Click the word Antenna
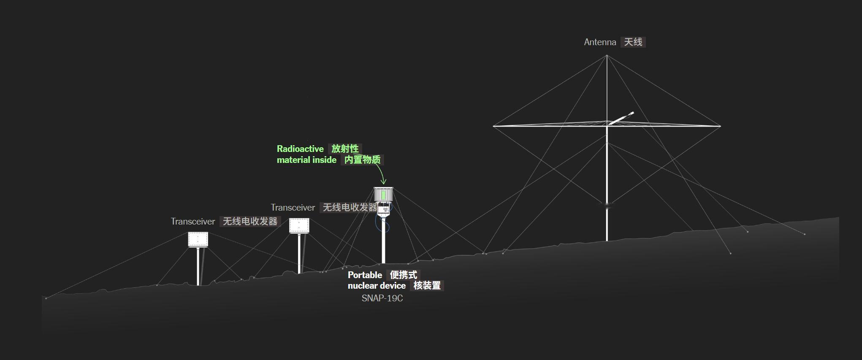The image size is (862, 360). (600, 42)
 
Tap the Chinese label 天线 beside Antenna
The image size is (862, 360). (633, 42)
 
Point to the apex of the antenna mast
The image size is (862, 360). (607, 55)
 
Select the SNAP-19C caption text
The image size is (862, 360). (382, 298)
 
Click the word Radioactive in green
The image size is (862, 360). (300, 149)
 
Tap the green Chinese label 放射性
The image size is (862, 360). (345, 149)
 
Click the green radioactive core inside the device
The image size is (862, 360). (383, 195)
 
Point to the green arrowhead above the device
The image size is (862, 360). (383, 182)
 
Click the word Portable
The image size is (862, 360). (365, 275)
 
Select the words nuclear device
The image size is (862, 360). (377, 286)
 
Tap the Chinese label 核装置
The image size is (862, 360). (427, 286)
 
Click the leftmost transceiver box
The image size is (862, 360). (198, 239)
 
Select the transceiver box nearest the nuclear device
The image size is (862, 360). (299, 225)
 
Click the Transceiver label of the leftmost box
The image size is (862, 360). (193, 222)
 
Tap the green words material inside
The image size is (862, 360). (306, 160)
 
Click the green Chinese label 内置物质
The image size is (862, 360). (362, 160)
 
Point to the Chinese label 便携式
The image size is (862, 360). (403, 275)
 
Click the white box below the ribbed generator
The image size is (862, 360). (383, 208)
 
